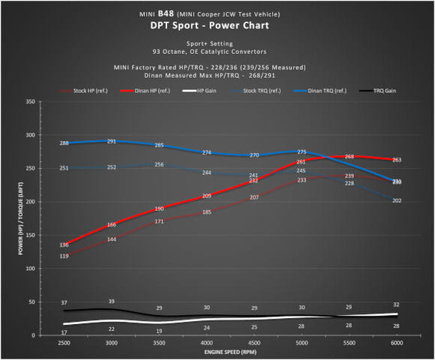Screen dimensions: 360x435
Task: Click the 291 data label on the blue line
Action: tap(111, 141)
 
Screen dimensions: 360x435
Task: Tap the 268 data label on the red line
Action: tap(349, 157)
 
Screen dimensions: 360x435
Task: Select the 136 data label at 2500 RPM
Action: tap(64, 245)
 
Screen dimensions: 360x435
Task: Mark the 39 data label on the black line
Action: tap(111, 301)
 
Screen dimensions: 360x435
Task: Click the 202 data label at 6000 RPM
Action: tap(397, 200)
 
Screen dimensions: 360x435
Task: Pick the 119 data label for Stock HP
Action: tap(64, 256)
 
